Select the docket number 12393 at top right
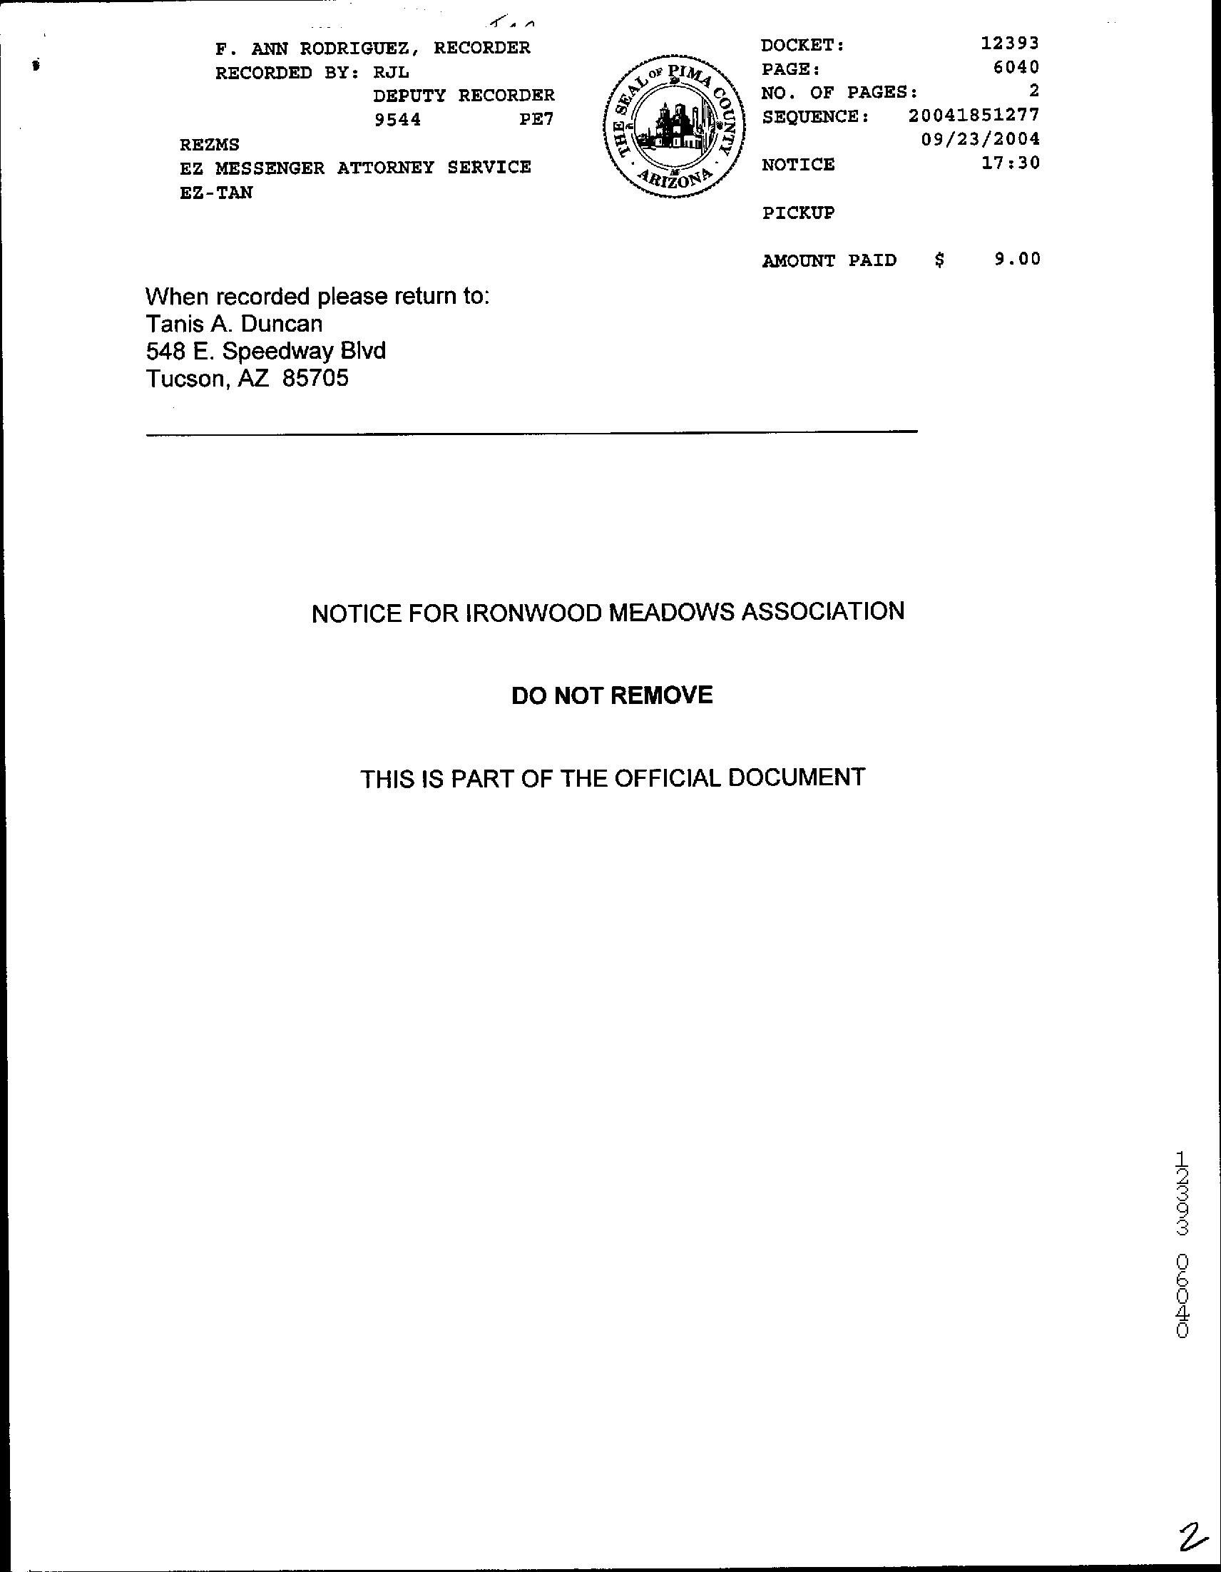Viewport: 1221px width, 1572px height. pyautogui.click(x=1010, y=44)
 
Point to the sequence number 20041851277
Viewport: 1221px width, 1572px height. pyautogui.click(x=974, y=115)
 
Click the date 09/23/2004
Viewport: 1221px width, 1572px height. pyautogui.click(x=981, y=139)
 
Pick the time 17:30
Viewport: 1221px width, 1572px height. pyautogui.click(x=1011, y=163)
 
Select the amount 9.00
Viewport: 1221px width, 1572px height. pyautogui.click(x=1017, y=259)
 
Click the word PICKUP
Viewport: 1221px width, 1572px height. pyautogui.click(x=797, y=213)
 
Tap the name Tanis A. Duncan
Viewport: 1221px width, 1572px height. pyautogui.click(x=234, y=324)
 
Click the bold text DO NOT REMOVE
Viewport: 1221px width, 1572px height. pyautogui.click(x=612, y=695)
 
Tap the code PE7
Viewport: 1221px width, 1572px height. pyautogui.click(x=536, y=120)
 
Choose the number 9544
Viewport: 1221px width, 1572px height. pyautogui.click(x=397, y=120)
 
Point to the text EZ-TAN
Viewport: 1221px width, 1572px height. pyautogui.click(x=216, y=193)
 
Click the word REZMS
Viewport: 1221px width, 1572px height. pyautogui.click(x=210, y=145)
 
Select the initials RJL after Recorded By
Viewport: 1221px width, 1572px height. pyautogui.click(x=391, y=73)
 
